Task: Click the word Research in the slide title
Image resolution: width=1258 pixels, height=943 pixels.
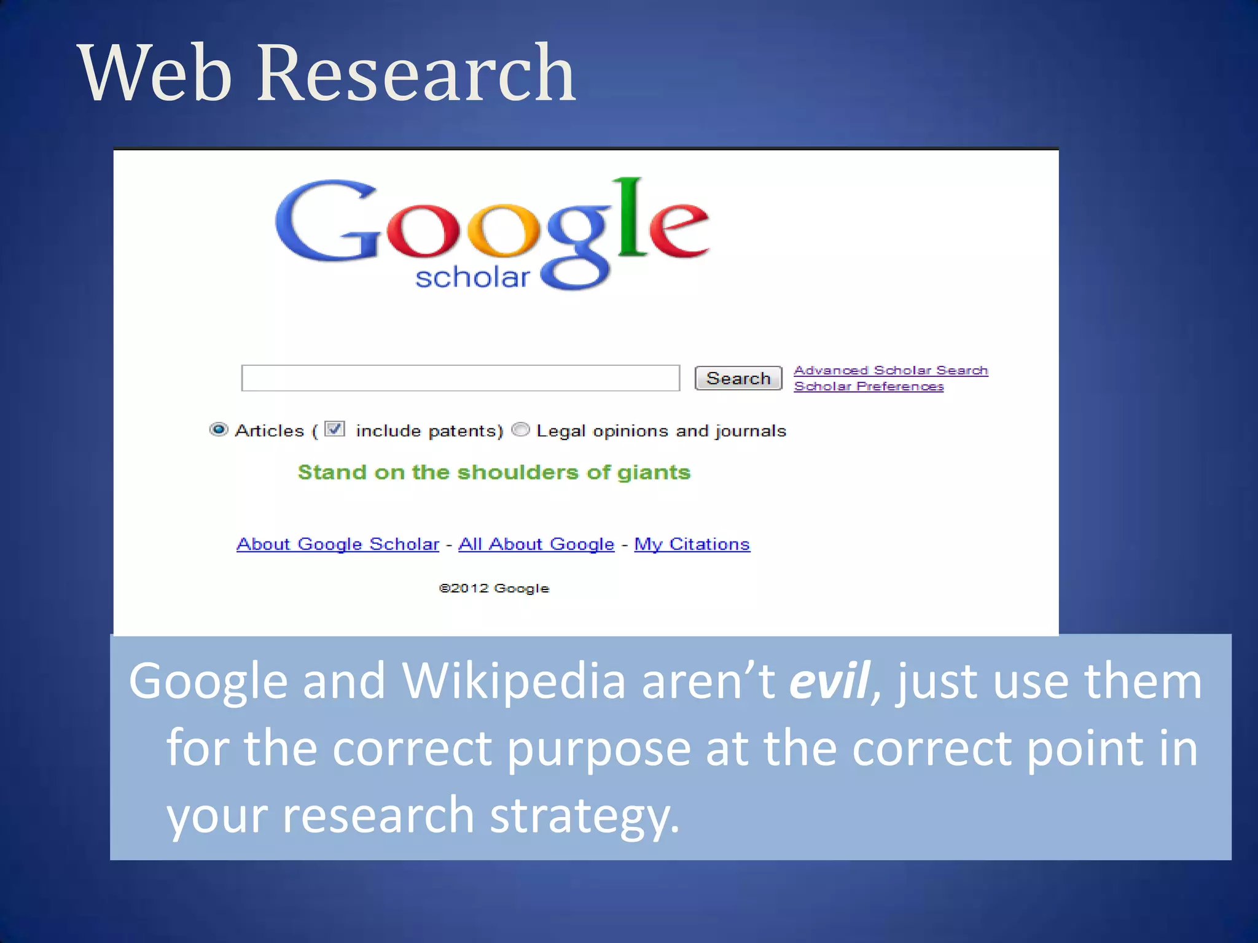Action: point(416,74)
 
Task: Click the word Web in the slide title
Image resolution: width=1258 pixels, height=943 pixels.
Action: point(155,74)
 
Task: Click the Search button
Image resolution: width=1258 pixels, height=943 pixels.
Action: point(738,378)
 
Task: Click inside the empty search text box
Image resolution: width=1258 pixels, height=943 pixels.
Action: point(460,378)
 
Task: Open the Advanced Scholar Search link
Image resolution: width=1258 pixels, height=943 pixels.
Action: point(890,370)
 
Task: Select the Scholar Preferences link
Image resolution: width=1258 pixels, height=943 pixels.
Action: point(868,386)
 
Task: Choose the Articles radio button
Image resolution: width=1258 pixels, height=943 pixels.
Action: point(219,430)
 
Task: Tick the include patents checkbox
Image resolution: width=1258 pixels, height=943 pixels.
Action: point(335,429)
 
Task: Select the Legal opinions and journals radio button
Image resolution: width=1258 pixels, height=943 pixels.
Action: point(520,430)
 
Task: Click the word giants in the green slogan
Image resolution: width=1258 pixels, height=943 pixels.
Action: point(654,472)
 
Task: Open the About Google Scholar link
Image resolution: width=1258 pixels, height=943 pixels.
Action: point(338,544)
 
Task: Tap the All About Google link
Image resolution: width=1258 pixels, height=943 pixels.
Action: point(536,544)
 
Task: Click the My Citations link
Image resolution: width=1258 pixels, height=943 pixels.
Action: point(692,544)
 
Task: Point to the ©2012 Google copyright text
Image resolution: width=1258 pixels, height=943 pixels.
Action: point(494,588)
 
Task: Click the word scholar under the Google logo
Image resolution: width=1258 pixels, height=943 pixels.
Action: point(472,277)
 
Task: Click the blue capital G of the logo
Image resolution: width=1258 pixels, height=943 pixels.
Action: point(326,221)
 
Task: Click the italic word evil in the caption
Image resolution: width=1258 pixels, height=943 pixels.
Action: point(829,681)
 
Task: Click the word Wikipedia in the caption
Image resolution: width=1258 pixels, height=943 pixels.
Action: point(514,681)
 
